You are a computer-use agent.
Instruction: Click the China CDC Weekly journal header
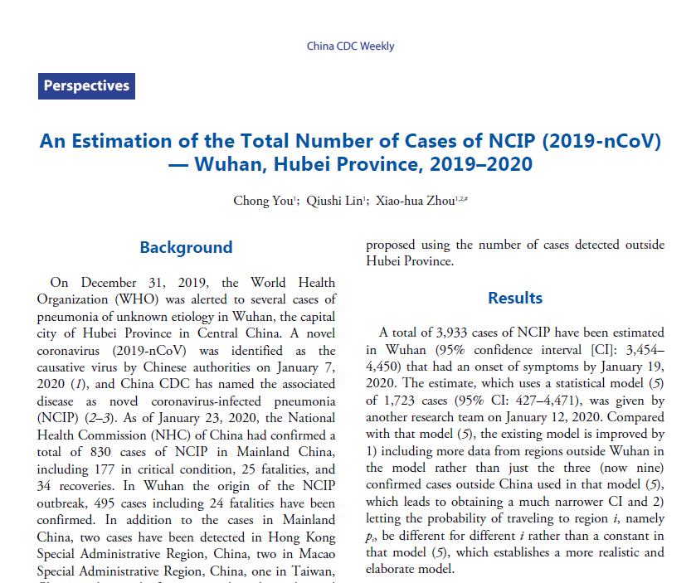(350, 46)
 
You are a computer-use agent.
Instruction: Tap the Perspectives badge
(86, 85)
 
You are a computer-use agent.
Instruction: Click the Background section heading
(186, 247)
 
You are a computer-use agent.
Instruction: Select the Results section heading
(515, 298)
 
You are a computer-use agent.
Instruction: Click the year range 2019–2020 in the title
(481, 164)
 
